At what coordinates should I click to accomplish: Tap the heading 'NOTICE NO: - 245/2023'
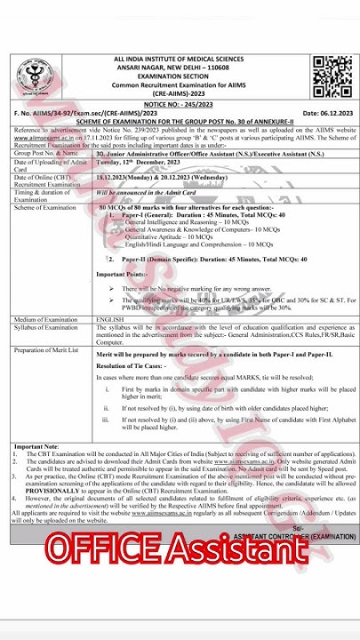pyautogui.click(x=179, y=103)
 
